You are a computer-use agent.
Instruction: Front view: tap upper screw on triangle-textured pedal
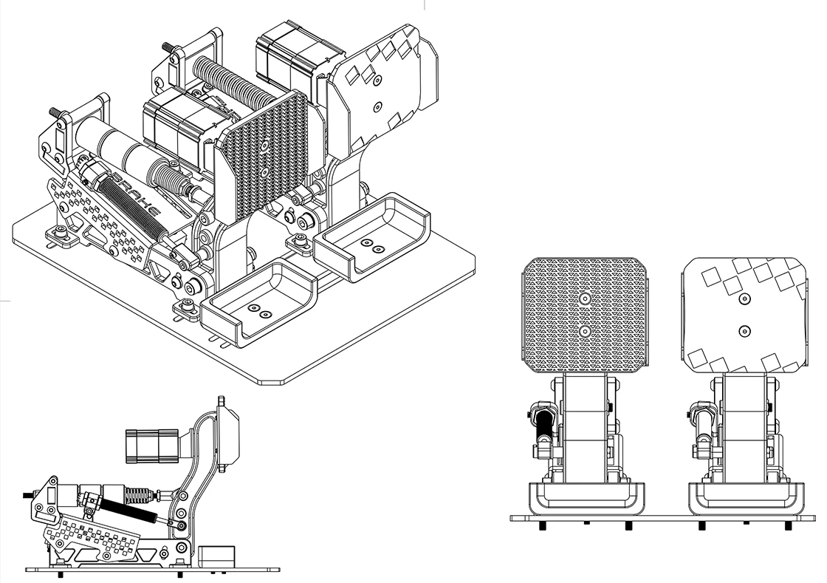pos(584,299)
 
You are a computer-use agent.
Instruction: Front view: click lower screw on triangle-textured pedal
pos(584,331)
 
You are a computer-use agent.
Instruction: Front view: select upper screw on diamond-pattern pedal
pos(744,299)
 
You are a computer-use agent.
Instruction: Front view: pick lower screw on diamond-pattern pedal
pos(744,331)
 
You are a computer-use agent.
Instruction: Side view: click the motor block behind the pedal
pos(147,446)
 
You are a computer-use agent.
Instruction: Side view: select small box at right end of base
pos(218,557)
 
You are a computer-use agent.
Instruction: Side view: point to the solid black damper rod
pos(128,508)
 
